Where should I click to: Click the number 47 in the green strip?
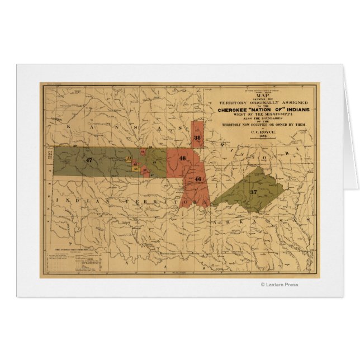pyautogui.click(x=89, y=160)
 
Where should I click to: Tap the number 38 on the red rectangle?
pyautogui.click(x=197, y=137)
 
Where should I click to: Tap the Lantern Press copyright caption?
pyautogui.click(x=280, y=285)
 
